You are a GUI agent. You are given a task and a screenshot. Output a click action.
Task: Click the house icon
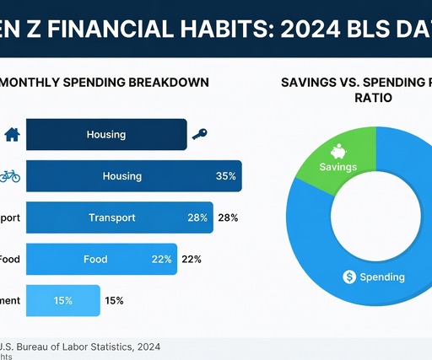(x=12, y=134)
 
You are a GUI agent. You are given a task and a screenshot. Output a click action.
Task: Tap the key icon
(x=200, y=134)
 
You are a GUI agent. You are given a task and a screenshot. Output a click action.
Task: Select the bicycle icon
(x=10, y=176)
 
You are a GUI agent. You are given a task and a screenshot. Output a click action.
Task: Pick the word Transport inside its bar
(x=112, y=218)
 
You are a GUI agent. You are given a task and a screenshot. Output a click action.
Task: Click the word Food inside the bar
(x=95, y=259)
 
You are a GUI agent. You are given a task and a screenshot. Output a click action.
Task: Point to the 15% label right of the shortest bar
(x=115, y=300)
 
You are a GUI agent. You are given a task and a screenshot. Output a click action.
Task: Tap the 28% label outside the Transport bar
(x=228, y=218)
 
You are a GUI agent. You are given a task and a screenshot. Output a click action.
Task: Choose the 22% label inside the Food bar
(x=162, y=259)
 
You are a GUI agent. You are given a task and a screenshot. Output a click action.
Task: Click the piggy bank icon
(x=338, y=152)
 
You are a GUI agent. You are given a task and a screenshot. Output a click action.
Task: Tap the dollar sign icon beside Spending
(x=349, y=277)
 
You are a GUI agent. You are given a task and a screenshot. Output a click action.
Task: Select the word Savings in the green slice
(x=338, y=167)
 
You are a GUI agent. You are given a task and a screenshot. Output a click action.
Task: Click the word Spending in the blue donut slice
(x=382, y=277)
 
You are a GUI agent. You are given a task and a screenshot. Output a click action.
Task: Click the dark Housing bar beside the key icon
(x=106, y=134)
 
